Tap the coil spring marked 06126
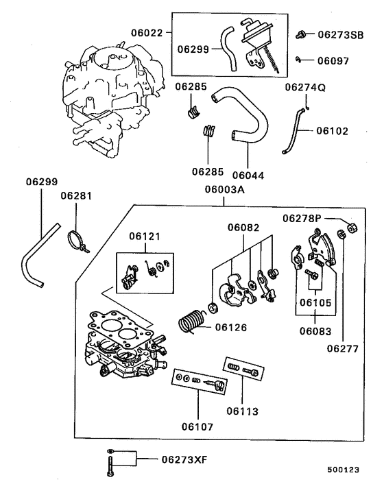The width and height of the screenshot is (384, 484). (x=192, y=322)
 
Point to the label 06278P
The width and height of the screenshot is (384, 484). (x=302, y=218)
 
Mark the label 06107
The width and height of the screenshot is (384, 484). (x=197, y=426)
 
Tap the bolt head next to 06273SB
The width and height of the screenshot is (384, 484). (x=301, y=34)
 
